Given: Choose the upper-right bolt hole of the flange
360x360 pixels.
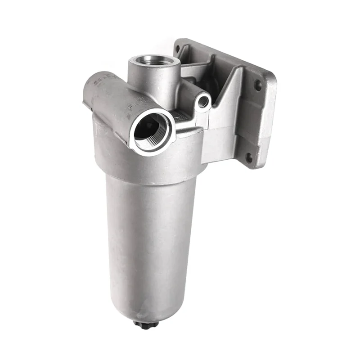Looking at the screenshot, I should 258,84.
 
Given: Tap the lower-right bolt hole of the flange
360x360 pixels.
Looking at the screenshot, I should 248,157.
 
